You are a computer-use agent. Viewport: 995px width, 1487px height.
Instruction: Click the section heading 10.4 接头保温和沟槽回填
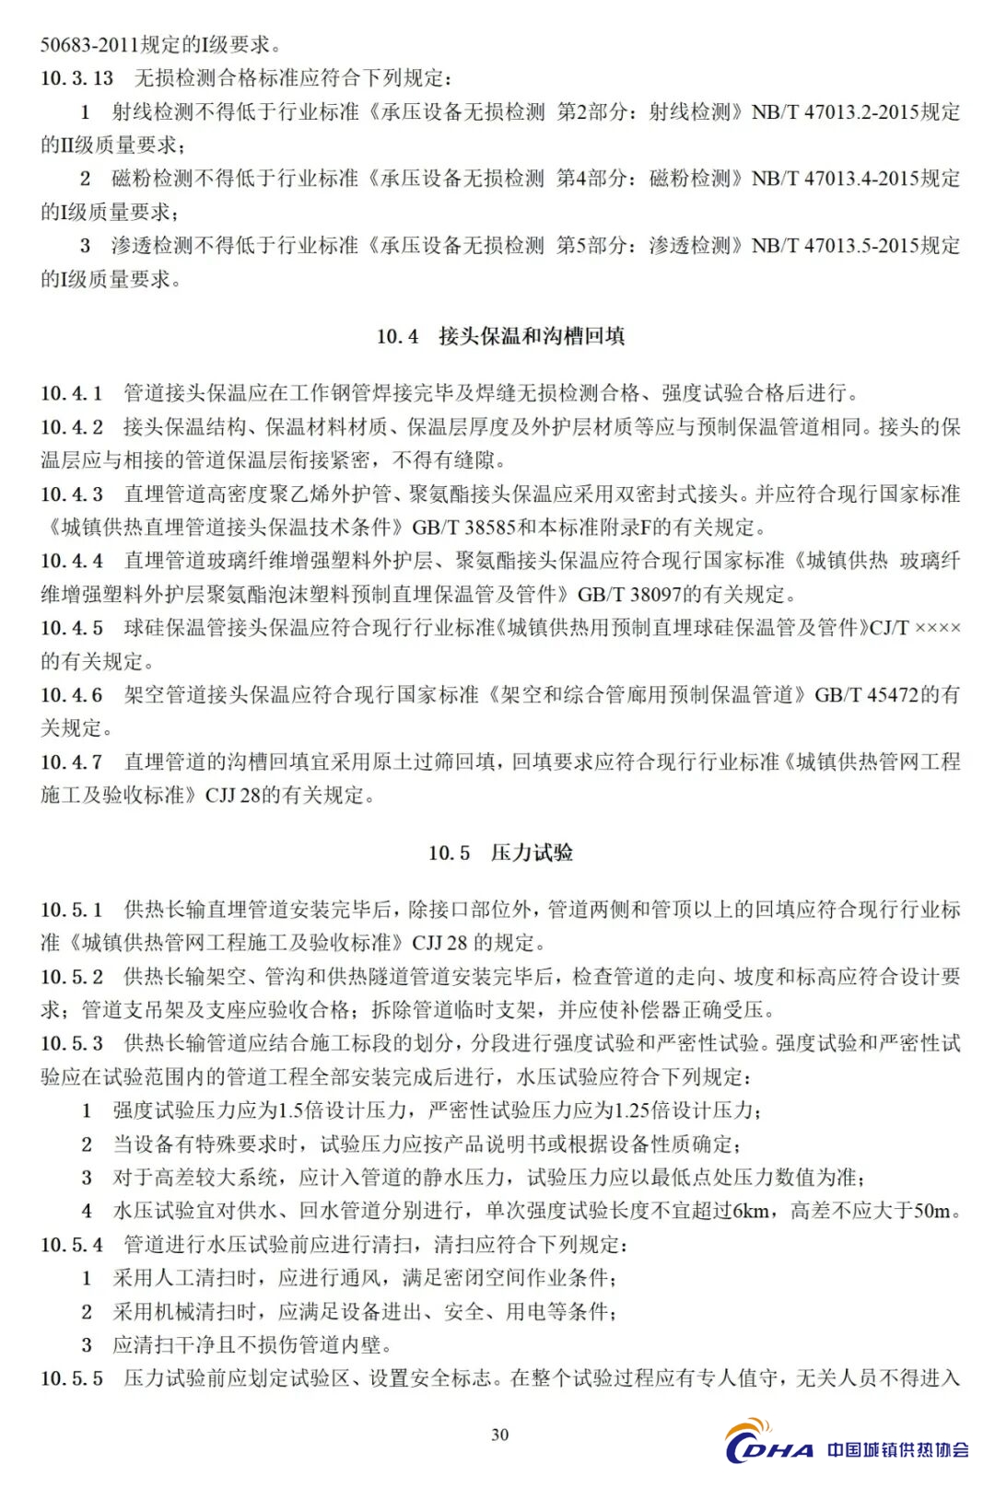coord(500,336)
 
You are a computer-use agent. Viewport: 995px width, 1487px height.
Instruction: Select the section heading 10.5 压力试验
coord(500,853)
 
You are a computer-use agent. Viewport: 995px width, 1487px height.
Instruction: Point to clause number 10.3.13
coord(77,78)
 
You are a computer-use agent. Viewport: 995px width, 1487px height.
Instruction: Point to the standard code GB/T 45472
coord(866,695)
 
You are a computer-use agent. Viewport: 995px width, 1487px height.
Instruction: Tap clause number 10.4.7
coord(72,761)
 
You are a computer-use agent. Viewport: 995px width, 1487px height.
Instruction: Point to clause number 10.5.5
coord(72,1378)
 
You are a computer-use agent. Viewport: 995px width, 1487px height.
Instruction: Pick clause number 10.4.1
coord(72,393)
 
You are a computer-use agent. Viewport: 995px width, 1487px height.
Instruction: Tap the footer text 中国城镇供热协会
coord(898,1450)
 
